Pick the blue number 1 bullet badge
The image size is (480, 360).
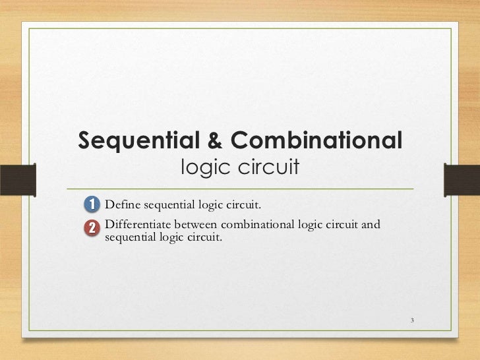(92, 202)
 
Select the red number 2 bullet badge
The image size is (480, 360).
(92, 227)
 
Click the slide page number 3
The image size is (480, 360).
(411, 321)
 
